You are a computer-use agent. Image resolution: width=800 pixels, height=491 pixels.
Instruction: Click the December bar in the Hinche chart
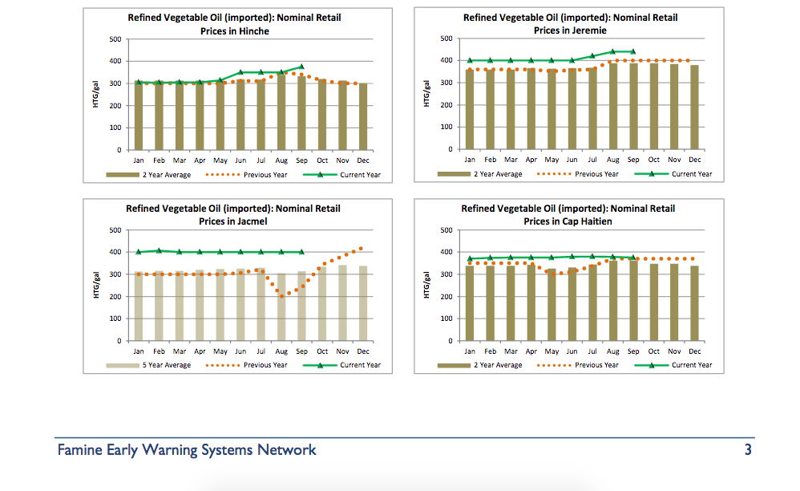[363, 116]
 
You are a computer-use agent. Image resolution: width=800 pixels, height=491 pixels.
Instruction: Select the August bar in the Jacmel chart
[281, 306]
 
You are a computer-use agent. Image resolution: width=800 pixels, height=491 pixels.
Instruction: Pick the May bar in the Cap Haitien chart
[552, 305]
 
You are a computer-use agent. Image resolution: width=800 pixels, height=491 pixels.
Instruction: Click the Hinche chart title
[234, 24]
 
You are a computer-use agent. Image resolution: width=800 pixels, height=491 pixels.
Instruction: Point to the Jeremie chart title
[570, 24]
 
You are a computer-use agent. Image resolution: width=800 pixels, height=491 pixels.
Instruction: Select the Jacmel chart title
[233, 215]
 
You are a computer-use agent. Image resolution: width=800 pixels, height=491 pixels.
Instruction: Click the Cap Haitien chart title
[568, 215]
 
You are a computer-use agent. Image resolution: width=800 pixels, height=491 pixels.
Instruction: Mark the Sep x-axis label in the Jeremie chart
[633, 160]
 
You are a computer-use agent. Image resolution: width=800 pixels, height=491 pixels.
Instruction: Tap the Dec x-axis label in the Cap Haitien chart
[694, 351]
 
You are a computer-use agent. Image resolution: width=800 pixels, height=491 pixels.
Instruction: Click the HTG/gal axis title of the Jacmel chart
[95, 286]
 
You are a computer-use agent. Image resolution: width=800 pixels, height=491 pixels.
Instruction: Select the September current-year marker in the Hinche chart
[301, 67]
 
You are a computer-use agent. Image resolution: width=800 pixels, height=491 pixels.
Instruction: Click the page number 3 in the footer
[747, 450]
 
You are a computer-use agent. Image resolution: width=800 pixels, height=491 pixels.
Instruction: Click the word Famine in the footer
[82, 450]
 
